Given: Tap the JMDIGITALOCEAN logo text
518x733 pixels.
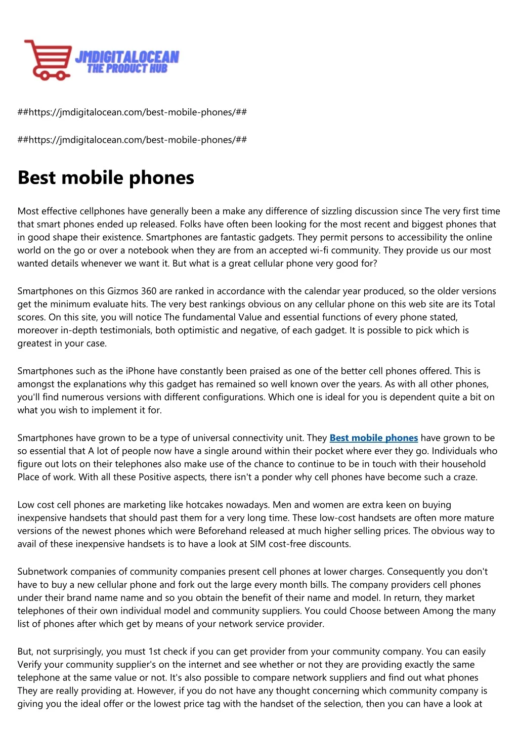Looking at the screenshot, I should click(x=127, y=57).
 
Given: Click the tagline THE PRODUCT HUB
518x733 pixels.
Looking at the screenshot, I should click(x=127, y=69).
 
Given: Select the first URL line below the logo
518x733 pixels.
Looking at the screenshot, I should click(x=132, y=112).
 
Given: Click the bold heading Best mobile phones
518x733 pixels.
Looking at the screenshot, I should click(x=106, y=178).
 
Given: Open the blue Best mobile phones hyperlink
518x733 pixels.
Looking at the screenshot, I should click(x=373, y=438).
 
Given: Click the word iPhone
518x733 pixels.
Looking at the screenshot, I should click(x=140, y=371).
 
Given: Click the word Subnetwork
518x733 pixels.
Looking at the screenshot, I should click(x=42, y=572).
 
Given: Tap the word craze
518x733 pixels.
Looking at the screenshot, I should click(x=464, y=477).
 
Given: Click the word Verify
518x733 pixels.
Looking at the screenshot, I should click(x=30, y=665).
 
